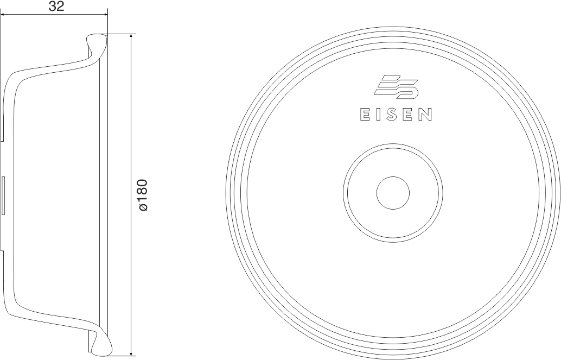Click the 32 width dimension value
pos(56,6)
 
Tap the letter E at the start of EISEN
pos(364,115)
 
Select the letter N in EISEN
pos(426,115)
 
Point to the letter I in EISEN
pos(379,115)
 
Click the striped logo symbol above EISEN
pos(396,87)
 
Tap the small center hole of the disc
pos(393,193)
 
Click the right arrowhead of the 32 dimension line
pos(105,15)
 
